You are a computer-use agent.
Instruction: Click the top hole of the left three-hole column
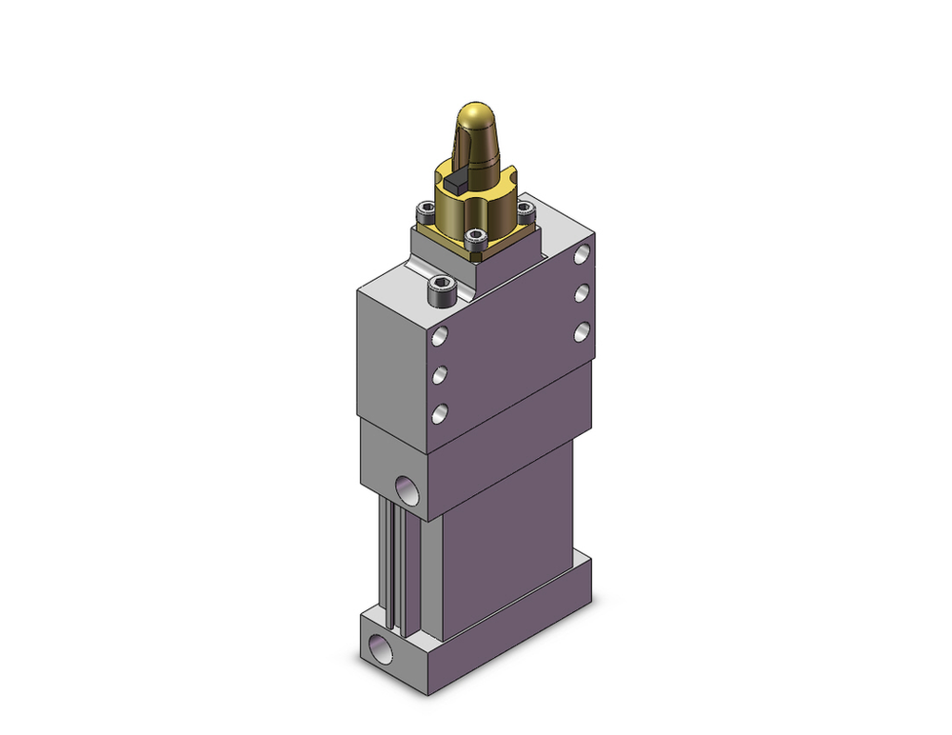440,336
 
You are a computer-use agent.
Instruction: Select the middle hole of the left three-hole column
440,375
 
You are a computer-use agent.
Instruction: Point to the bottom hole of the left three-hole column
440,413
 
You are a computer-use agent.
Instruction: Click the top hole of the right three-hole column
582,254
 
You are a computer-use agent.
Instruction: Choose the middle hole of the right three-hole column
582,292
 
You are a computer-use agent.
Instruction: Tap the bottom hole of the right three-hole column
582,331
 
